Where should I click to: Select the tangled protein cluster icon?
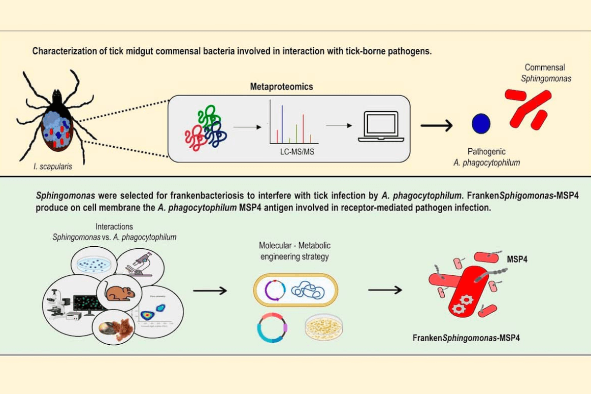pyautogui.click(x=204, y=130)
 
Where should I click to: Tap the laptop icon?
pyautogui.click(x=381, y=127)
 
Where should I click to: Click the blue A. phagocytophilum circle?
pyautogui.click(x=481, y=124)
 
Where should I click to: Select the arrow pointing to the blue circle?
pyautogui.click(x=436, y=126)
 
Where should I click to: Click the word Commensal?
pyautogui.click(x=544, y=67)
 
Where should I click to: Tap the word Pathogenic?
pyautogui.click(x=487, y=152)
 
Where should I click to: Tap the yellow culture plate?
pyautogui.click(x=324, y=327)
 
